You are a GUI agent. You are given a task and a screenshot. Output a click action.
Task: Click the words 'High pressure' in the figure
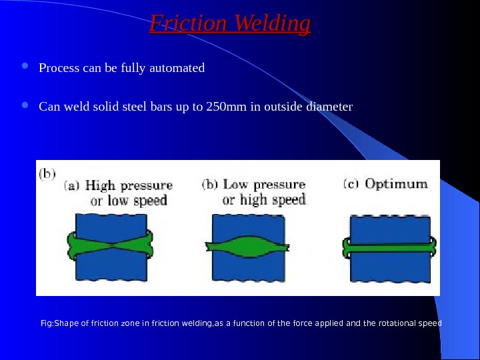(x=129, y=186)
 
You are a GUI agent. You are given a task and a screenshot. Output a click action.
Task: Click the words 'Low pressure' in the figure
(x=263, y=185)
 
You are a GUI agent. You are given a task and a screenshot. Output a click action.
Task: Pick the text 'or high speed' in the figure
(x=264, y=199)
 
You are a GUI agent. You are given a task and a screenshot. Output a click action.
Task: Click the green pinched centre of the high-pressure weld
(x=113, y=246)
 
